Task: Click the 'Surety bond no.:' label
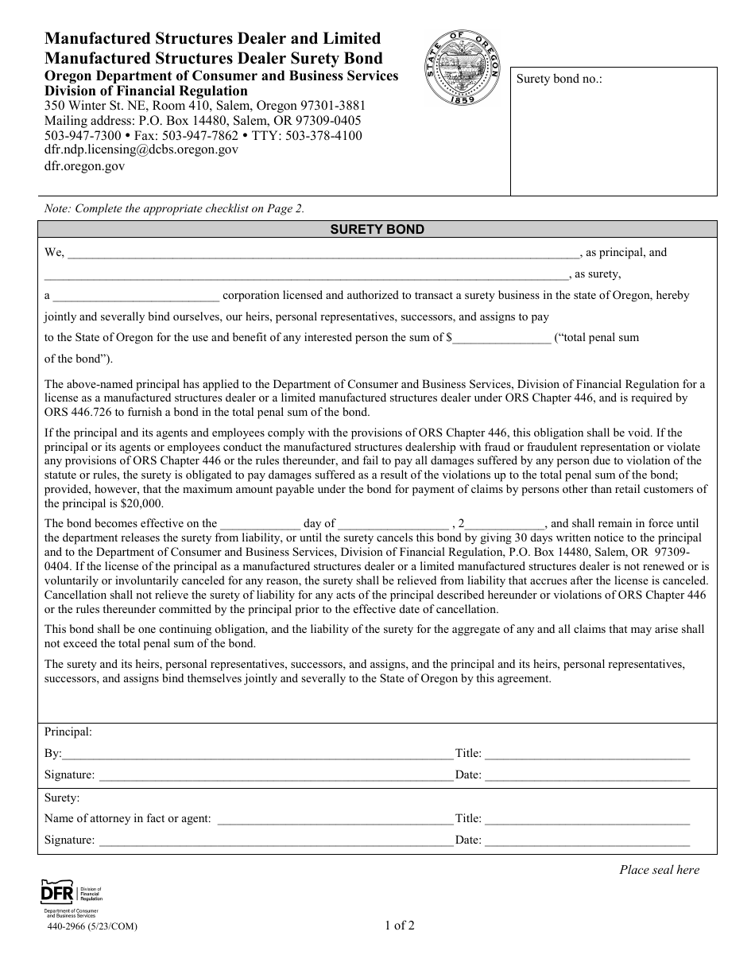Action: (559, 80)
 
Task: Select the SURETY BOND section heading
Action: (377, 230)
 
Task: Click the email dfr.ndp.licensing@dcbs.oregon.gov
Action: (141, 149)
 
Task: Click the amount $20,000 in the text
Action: (137, 504)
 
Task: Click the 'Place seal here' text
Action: (659, 870)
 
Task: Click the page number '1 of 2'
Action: (399, 925)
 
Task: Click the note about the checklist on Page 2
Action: (174, 208)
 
